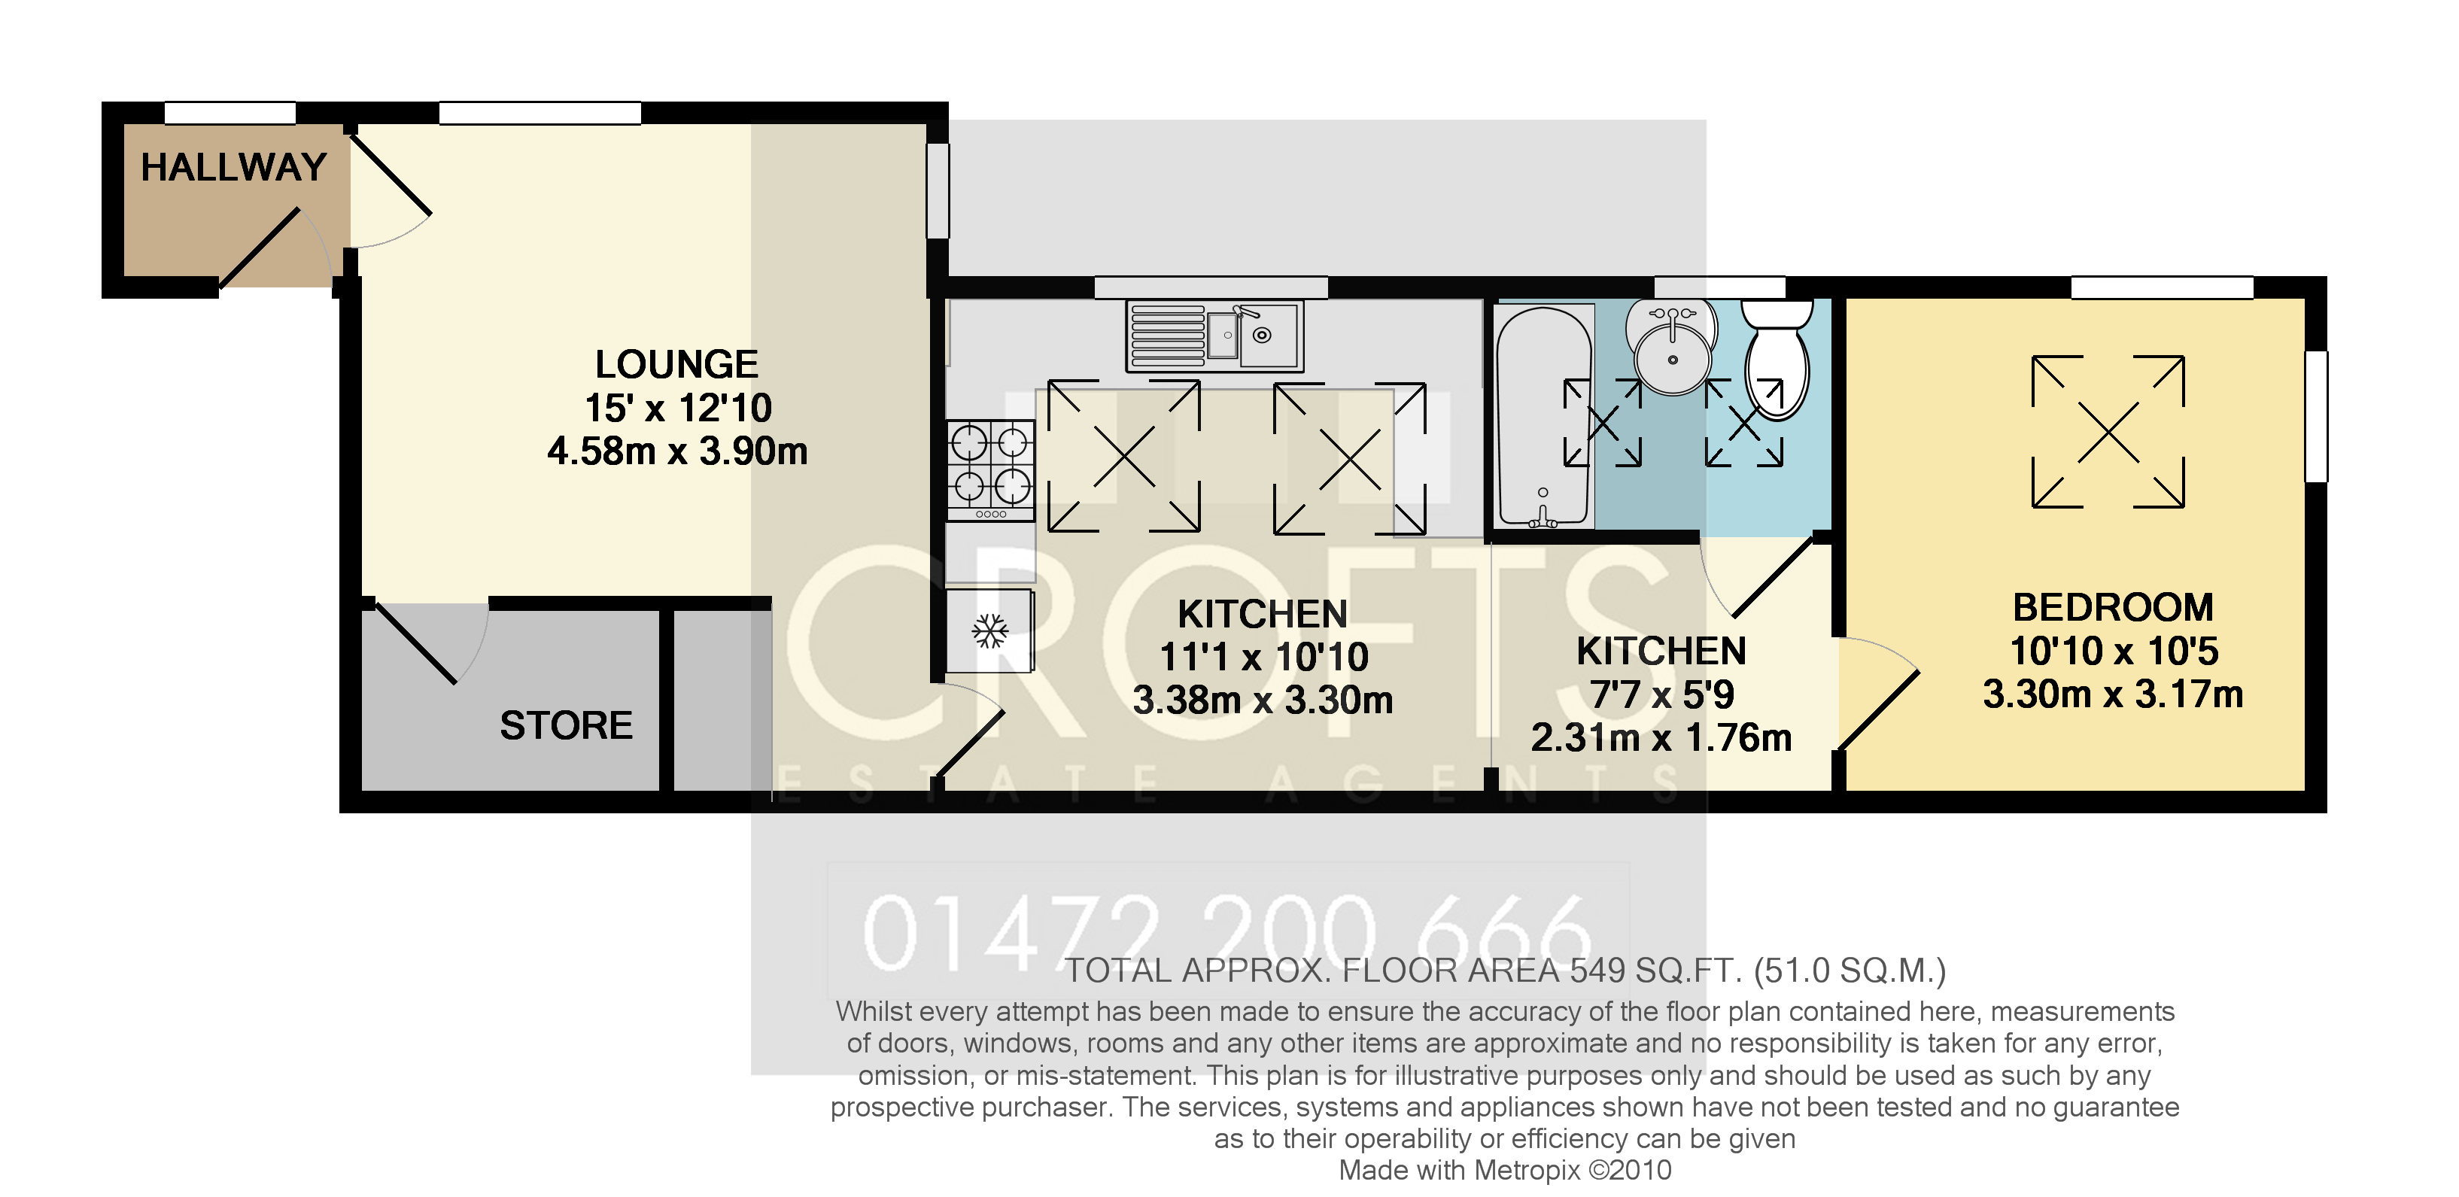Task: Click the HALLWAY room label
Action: [233, 167]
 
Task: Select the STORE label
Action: [565, 725]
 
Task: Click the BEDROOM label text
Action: [2111, 607]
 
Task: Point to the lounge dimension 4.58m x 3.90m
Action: [676, 451]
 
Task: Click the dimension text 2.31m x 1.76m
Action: [1660, 737]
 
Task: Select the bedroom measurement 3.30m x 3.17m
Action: [2111, 694]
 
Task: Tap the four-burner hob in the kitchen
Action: [990, 468]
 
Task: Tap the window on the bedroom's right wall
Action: [2316, 415]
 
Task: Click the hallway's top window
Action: [230, 113]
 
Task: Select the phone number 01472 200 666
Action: [1226, 934]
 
